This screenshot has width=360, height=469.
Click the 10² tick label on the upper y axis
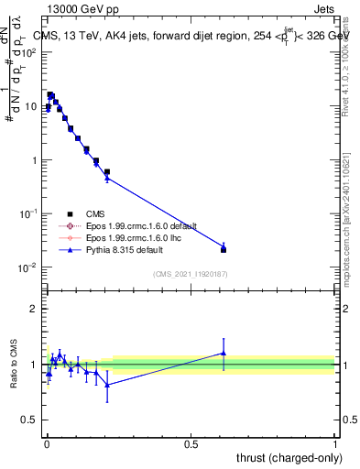click(x=29, y=52)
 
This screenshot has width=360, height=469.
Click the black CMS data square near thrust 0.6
click(x=224, y=249)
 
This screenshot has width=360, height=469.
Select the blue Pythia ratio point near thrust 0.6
click(x=224, y=353)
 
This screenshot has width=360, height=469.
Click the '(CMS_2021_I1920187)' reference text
click(x=190, y=274)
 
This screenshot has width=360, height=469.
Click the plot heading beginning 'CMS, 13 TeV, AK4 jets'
click(x=192, y=35)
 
